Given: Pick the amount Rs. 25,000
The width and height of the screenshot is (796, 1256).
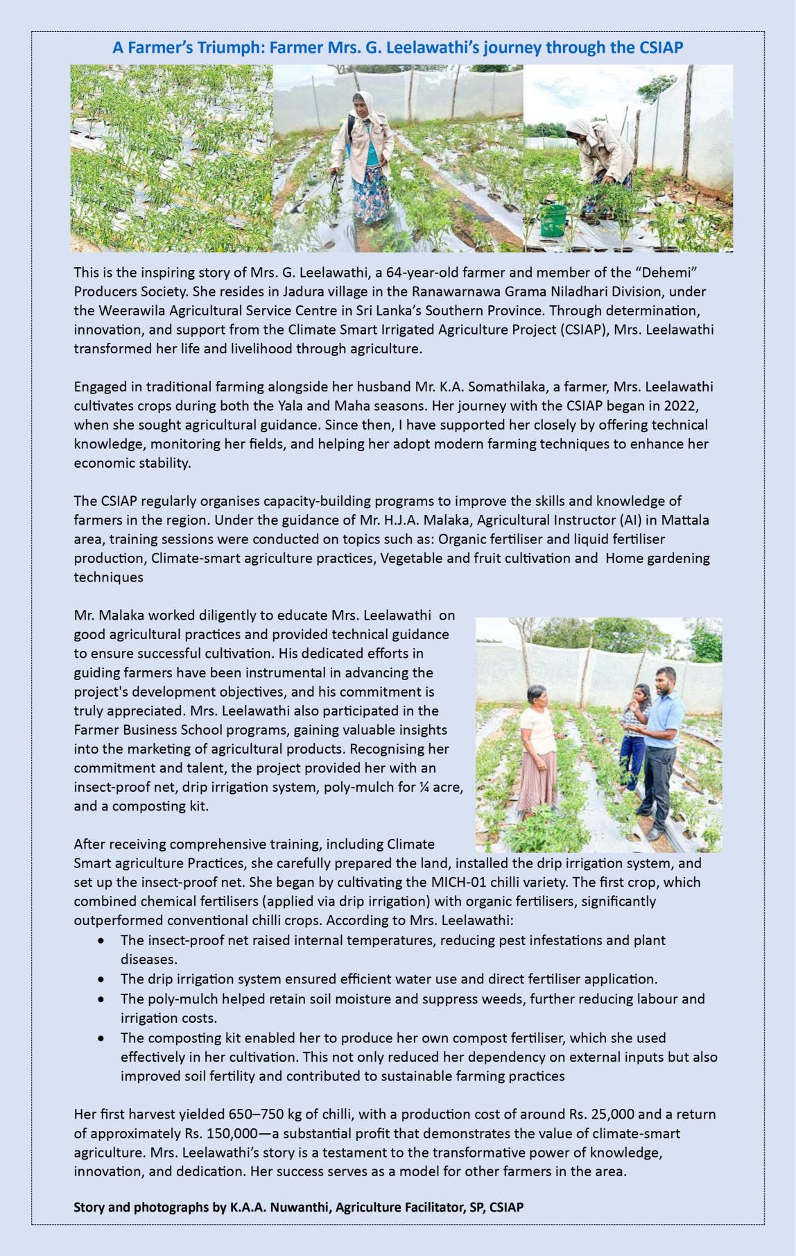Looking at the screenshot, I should pyautogui.click(x=602, y=1114).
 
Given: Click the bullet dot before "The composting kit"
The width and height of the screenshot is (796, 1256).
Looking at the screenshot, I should pyautogui.click(x=102, y=1038).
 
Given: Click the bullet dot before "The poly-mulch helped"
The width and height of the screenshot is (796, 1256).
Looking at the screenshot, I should pyautogui.click(x=102, y=999).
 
